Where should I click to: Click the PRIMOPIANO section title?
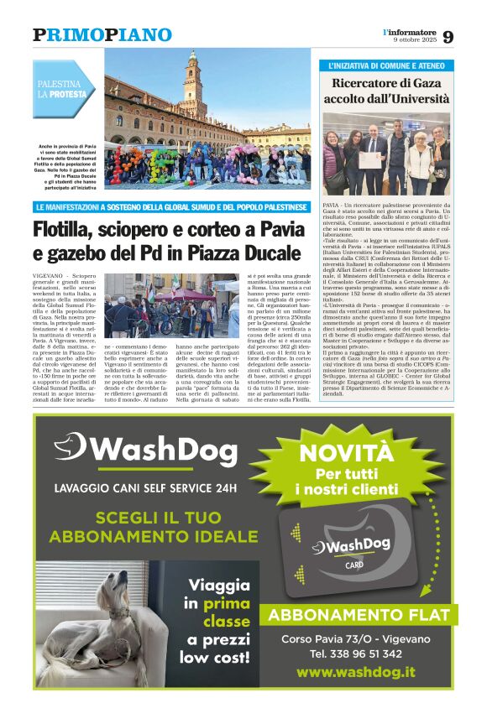pos(102,35)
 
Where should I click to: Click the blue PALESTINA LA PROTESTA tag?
pos(64,89)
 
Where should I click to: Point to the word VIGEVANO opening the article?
pos(51,276)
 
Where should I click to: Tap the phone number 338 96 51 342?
pos(355,654)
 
